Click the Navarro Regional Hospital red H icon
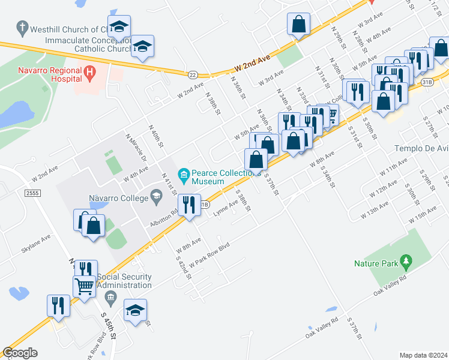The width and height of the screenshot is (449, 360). (90, 73)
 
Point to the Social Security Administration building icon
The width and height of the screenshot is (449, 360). (110, 296)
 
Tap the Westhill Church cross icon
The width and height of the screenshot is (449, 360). (22, 28)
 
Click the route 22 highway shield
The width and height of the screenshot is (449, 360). (192, 74)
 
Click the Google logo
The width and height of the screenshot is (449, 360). (20, 353)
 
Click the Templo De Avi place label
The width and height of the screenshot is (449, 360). (421, 148)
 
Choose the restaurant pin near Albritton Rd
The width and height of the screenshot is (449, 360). (189, 205)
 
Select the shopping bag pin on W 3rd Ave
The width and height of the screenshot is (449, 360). (298, 25)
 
